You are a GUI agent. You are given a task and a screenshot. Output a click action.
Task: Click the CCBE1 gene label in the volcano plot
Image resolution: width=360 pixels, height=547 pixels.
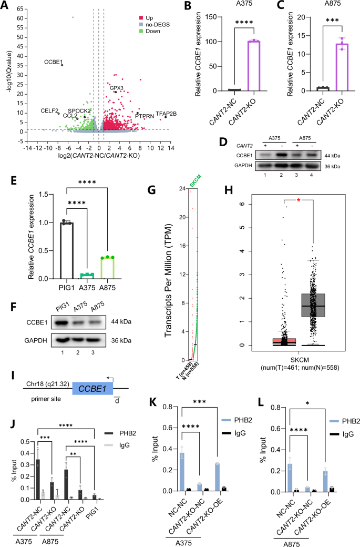(53, 62)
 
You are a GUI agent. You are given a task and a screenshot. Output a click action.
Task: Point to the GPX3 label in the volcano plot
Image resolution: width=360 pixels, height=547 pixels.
(117, 88)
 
